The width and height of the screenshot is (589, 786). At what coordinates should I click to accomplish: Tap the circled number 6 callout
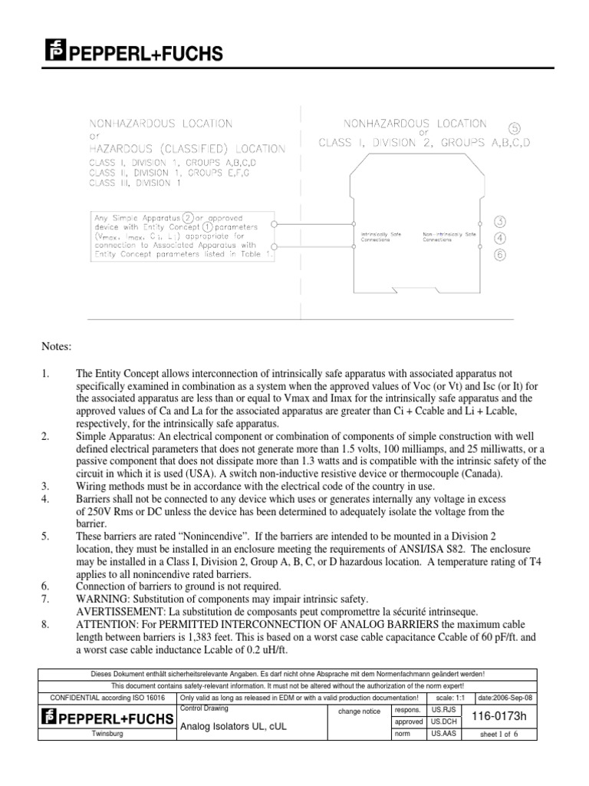499,256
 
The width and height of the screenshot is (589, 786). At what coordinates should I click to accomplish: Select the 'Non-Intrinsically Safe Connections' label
449,236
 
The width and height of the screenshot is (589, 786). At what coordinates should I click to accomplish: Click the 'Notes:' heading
57,347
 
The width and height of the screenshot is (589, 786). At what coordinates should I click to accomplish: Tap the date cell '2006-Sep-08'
507,697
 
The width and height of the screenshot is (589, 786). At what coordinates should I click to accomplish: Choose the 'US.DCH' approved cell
443,722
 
